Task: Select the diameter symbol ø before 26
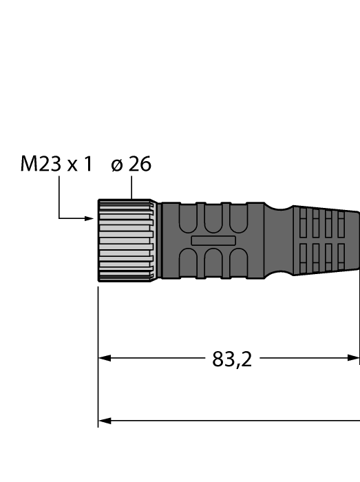pyautogui.click(x=116, y=166)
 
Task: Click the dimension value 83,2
pyautogui.click(x=232, y=359)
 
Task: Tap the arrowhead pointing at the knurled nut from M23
pyautogui.click(x=89, y=219)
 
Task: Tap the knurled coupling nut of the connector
pyautogui.click(x=126, y=241)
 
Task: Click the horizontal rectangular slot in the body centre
pyautogui.click(x=213, y=241)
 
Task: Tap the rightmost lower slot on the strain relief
pyautogui.click(x=339, y=257)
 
